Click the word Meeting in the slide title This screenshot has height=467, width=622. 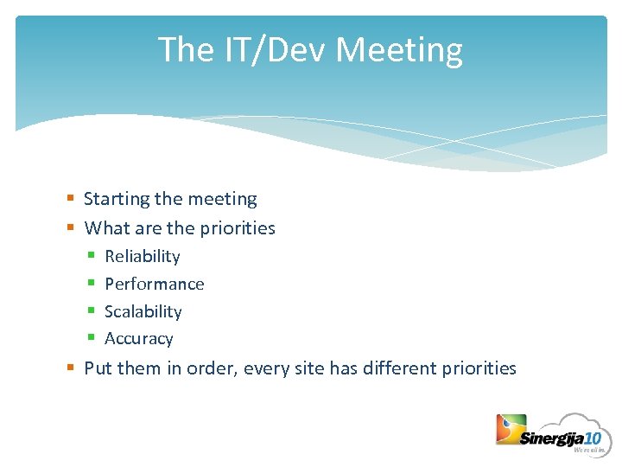pos(399,50)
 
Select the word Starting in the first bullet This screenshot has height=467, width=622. pos(117,199)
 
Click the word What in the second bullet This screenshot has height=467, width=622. pos(105,228)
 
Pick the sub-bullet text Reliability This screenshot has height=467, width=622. pos(143,256)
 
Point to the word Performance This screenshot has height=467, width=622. pos(155,284)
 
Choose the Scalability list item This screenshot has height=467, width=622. pos(143,311)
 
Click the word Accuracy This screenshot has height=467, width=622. pos(139,339)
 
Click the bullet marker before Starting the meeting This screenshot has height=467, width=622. pos(71,200)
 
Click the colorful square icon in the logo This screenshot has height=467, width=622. pos(511,429)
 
